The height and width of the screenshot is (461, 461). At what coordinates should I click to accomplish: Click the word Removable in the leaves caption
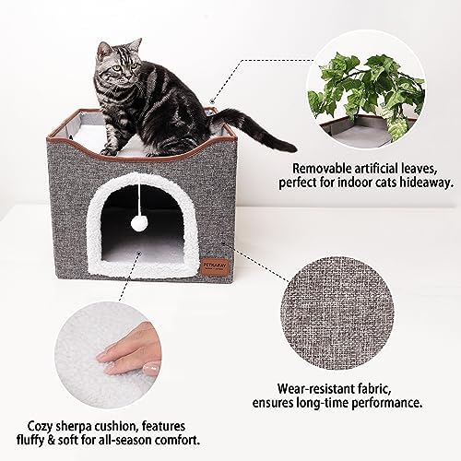322,169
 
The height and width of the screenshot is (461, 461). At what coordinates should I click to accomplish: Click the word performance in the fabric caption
386,403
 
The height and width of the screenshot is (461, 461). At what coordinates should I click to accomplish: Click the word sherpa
77,427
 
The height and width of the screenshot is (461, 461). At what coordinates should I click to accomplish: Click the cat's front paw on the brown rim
108,151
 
